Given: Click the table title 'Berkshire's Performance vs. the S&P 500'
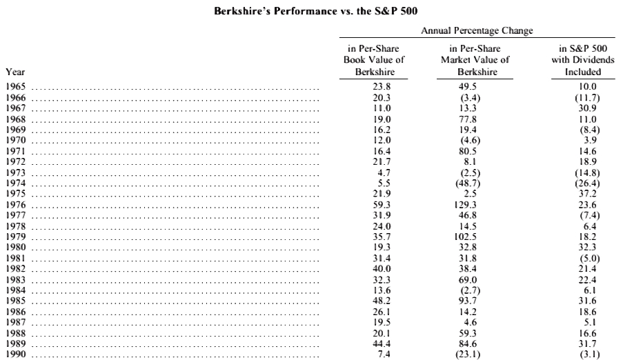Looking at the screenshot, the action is (316, 11).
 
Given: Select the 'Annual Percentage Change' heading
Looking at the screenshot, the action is (477, 30).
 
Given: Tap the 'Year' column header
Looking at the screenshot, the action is (15, 72).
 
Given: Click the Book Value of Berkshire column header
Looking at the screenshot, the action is (374, 60).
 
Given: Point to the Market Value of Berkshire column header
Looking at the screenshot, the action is (475, 60).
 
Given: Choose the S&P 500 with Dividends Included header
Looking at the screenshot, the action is (583, 60).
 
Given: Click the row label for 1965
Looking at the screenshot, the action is (15, 87).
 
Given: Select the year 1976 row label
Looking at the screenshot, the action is (15, 205).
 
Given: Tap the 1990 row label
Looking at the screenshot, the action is (15, 354).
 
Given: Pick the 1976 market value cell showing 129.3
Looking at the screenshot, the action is (466, 205).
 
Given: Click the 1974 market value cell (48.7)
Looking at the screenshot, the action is (468, 183).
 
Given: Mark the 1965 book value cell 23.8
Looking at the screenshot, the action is (382, 87).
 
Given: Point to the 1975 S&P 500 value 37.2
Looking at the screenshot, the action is (587, 194).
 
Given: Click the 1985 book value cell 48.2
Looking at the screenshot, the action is (382, 301).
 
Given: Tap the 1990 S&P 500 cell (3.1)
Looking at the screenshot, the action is (590, 354).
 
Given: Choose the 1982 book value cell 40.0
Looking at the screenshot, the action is (382, 268).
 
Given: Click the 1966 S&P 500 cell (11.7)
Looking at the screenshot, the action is (587, 97).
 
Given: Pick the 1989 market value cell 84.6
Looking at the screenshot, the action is (468, 343).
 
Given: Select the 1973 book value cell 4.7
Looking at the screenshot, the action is (384, 172).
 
